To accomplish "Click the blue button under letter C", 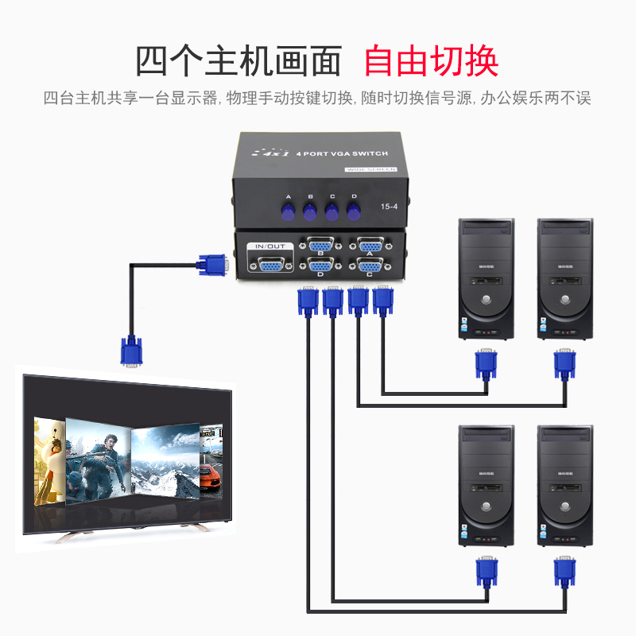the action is tap(332, 211).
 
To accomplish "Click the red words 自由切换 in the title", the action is tap(431, 60).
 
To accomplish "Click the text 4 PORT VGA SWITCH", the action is tap(341, 152).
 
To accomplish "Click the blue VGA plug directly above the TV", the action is tap(132, 351).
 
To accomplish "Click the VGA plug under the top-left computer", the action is tap(486, 366).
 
